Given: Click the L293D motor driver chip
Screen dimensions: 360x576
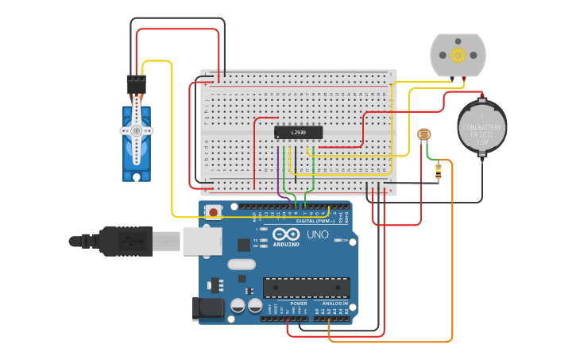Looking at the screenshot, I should click(x=298, y=133).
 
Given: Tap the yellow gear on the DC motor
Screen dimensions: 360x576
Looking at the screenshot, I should click(x=457, y=55).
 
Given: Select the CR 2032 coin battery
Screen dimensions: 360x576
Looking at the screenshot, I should click(x=481, y=127).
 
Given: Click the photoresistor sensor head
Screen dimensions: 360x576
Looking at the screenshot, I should click(x=424, y=135).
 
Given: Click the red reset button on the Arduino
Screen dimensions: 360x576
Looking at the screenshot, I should click(x=213, y=211).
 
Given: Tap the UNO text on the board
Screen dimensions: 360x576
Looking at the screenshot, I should click(x=318, y=234).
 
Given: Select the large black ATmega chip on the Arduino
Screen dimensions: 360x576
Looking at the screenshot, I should click(x=306, y=288).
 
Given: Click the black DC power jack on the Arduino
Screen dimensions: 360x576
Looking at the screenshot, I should click(x=205, y=308).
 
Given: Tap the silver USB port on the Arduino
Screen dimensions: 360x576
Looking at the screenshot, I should click(x=202, y=241).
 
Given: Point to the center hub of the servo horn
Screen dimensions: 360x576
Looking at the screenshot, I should click(x=136, y=130).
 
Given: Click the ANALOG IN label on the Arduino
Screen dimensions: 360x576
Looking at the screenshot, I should click(x=335, y=304).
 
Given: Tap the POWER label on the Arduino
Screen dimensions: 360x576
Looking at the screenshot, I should click(x=299, y=304).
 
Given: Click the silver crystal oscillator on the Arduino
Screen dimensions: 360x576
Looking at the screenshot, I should click(x=242, y=265).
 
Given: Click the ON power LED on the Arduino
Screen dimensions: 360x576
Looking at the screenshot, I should click(x=339, y=239).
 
